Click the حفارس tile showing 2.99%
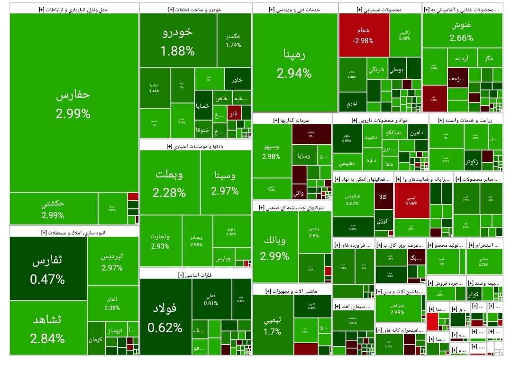coord(73,103)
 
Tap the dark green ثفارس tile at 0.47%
coord(47,269)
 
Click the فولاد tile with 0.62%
coord(165,317)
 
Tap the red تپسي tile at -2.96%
coord(411,200)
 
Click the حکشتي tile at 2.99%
coord(53,209)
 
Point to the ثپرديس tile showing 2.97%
coord(112,262)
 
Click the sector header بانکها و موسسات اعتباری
coord(195,146)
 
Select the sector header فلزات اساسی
coord(195,274)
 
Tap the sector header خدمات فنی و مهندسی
coord(295,9)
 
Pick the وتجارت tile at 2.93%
coord(161,241)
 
